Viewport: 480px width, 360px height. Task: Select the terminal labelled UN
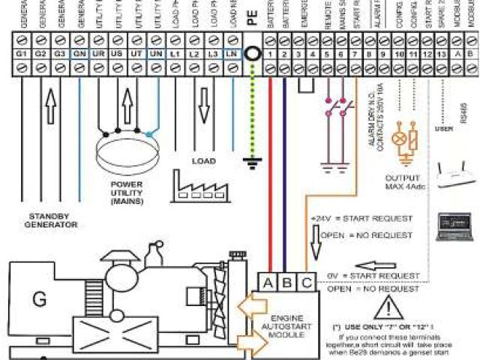[155, 55]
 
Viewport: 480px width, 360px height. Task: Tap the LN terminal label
[232, 55]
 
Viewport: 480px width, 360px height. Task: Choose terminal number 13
[428, 55]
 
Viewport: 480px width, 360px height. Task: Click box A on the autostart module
[268, 282]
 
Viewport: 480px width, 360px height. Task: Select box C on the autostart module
[306, 282]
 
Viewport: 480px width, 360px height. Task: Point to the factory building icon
[198, 184]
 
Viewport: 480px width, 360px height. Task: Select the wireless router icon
[457, 174]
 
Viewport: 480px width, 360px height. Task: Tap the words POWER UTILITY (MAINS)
[127, 192]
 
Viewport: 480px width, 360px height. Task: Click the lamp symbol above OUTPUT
[400, 139]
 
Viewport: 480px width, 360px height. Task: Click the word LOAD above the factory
[203, 160]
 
